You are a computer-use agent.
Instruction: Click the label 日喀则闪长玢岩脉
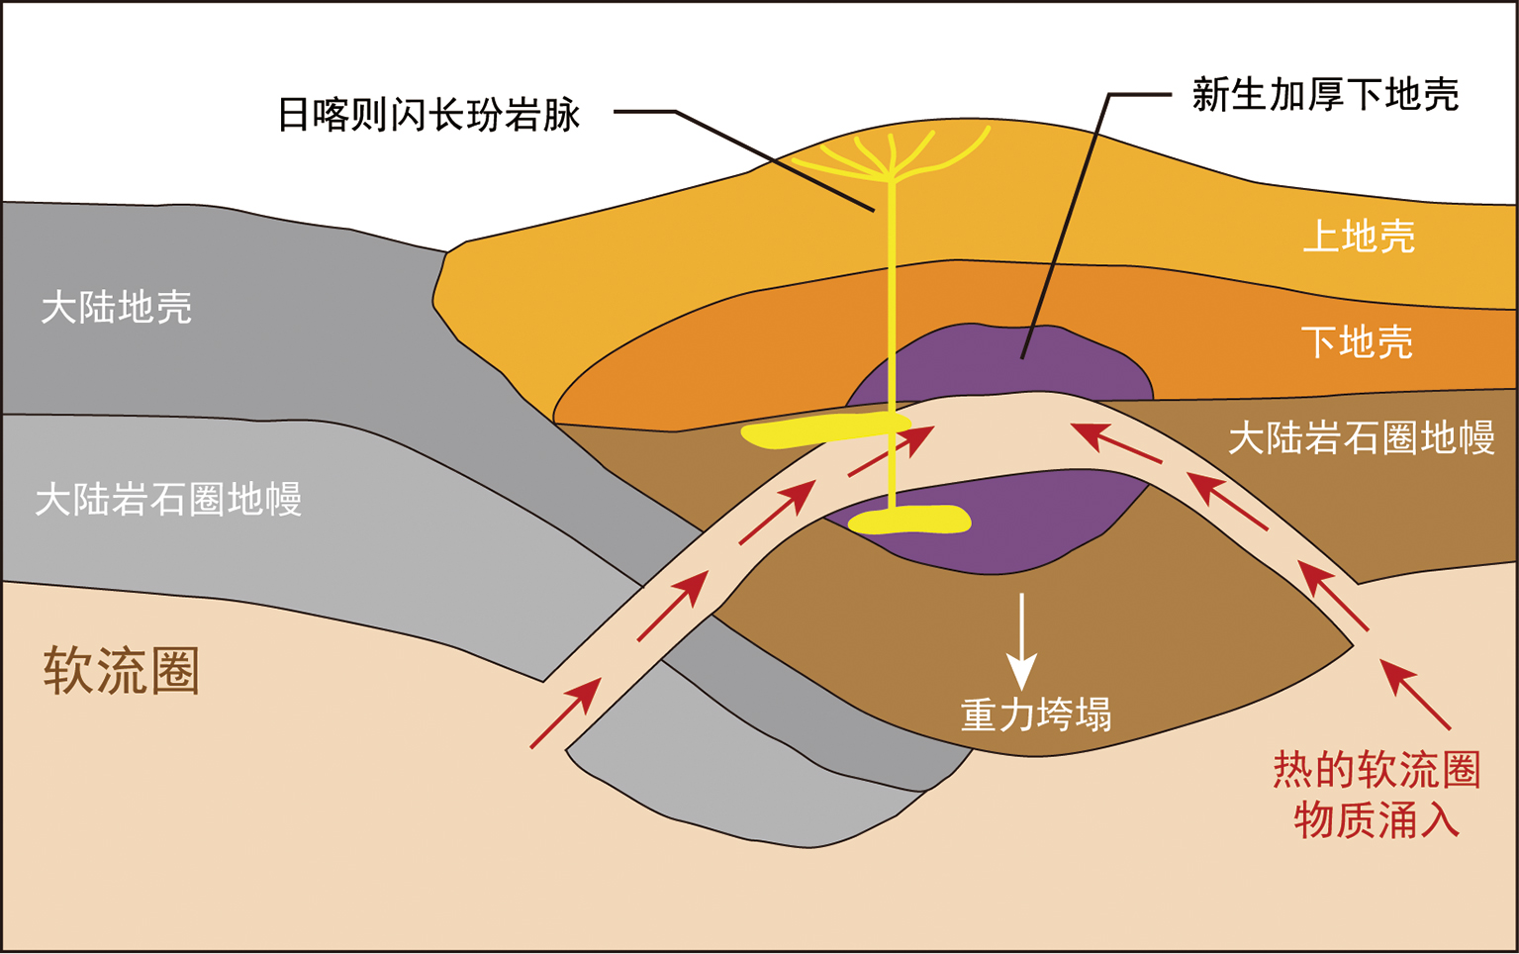point(427,115)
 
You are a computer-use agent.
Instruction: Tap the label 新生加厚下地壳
point(1325,95)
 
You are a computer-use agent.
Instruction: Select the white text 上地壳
point(1358,237)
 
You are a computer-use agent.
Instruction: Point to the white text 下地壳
point(1356,341)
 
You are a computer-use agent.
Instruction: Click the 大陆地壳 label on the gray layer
point(116,307)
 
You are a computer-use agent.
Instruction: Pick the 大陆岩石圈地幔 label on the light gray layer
point(167,499)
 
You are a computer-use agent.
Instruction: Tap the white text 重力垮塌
point(1035,714)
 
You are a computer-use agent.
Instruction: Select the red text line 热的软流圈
point(1376,770)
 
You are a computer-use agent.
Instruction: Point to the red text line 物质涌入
point(1376,819)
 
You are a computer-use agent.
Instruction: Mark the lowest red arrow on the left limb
point(566,713)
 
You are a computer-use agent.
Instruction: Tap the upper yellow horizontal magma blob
point(821,430)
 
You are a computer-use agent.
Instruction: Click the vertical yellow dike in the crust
point(893,297)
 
